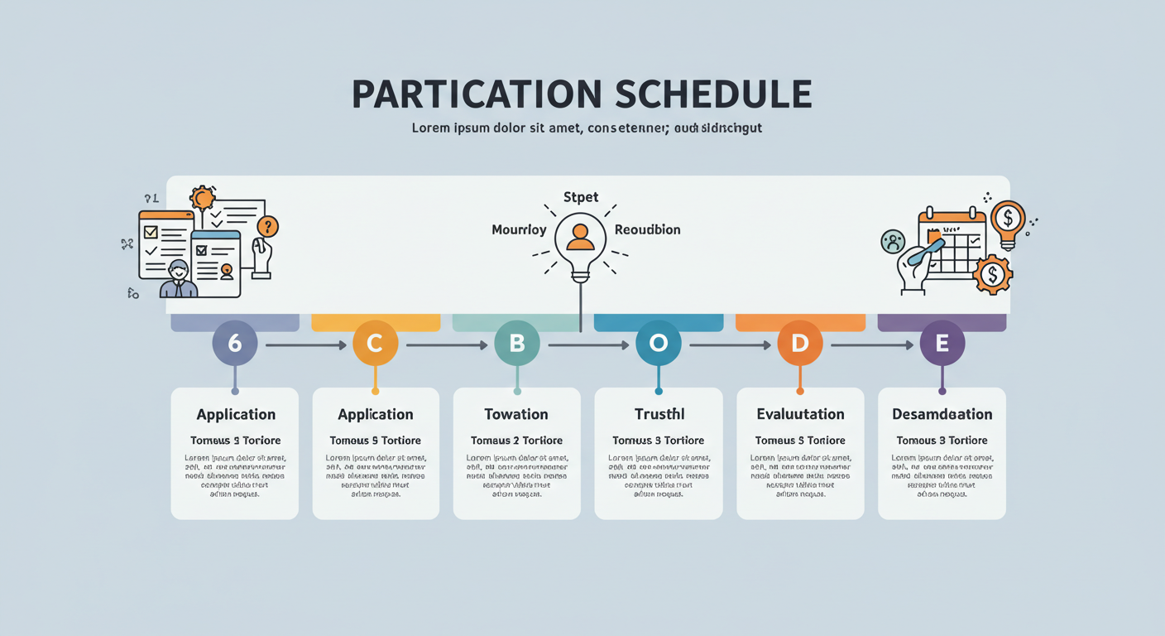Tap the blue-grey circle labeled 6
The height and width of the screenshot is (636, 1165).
(x=235, y=343)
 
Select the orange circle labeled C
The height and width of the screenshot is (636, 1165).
(x=375, y=343)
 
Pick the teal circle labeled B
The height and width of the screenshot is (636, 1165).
(x=517, y=343)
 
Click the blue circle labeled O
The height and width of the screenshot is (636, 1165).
(x=658, y=343)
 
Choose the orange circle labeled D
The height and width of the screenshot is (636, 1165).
(x=800, y=343)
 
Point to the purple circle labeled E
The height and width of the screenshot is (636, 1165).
(x=942, y=343)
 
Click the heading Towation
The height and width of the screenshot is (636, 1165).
(x=516, y=414)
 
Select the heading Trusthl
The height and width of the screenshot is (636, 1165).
(x=659, y=414)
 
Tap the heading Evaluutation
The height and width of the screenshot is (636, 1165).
(x=800, y=414)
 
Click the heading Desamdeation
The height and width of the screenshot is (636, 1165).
(x=942, y=414)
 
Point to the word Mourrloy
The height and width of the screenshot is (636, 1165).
(x=519, y=229)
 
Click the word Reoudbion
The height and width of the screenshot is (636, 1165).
(x=647, y=229)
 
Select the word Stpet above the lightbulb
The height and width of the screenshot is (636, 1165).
(x=580, y=197)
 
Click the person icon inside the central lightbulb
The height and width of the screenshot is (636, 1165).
(x=580, y=237)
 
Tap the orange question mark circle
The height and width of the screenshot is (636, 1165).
(x=267, y=226)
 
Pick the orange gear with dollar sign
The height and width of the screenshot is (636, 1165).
(x=993, y=273)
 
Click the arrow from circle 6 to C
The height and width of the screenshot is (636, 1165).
(x=304, y=344)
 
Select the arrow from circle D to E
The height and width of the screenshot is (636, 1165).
(x=871, y=344)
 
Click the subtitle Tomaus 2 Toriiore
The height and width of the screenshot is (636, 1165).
(x=516, y=441)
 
